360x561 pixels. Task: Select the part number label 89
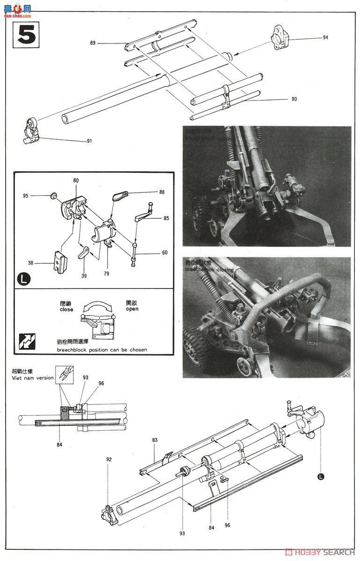[93, 43]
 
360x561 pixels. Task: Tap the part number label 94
[325, 37]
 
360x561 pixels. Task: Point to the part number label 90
[294, 99]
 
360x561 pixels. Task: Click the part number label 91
[89, 141]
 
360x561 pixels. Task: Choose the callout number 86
[162, 192]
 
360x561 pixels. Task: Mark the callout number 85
[166, 218]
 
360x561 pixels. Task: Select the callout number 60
[165, 253]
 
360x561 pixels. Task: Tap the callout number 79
[107, 273]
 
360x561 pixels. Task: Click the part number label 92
[108, 459]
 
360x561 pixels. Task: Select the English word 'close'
[66, 309]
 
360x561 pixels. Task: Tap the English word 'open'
[132, 309]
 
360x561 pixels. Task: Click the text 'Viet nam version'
[33, 378]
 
